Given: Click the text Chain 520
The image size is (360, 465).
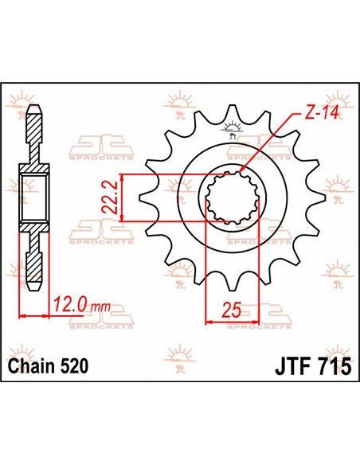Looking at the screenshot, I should coord(49,367).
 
